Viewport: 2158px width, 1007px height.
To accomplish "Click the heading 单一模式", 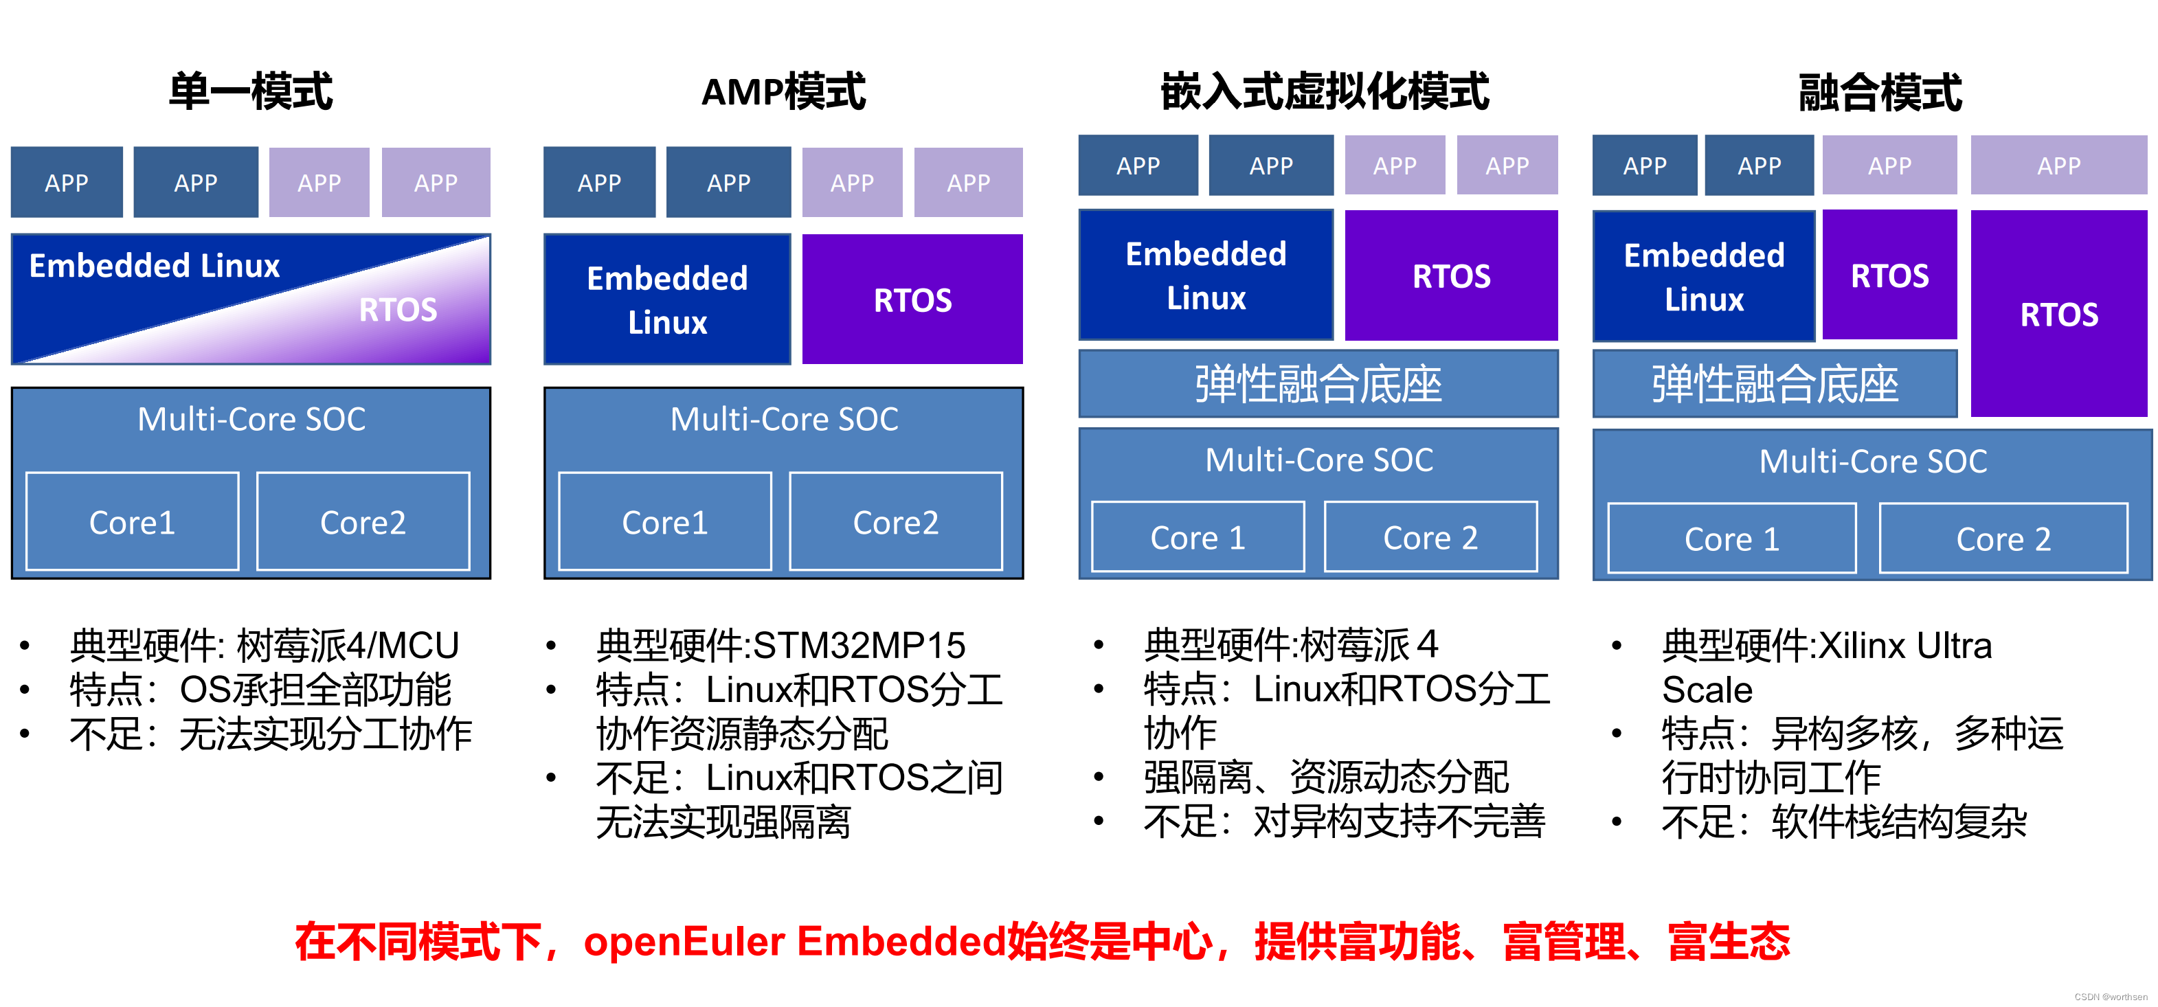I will pyautogui.click(x=251, y=91).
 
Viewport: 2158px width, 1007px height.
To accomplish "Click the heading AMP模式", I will pyautogui.click(x=783, y=91).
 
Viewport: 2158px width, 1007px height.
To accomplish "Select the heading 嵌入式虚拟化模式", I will pyautogui.click(x=1325, y=91).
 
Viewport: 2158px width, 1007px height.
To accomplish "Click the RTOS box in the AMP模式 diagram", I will pyautogui.click(x=912, y=299).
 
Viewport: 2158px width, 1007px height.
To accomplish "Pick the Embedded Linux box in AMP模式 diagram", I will pyautogui.click(x=667, y=299).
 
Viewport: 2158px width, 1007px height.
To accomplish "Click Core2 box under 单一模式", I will pyautogui.click(x=363, y=522).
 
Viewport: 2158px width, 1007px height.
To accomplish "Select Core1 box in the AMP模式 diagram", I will pyautogui.click(x=664, y=522).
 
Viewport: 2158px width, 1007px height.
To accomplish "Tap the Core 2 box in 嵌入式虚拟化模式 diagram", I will pyautogui.click(x=1430, y=537).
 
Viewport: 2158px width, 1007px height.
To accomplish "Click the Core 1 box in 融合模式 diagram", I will pyautogui.click(x=1731, y=539).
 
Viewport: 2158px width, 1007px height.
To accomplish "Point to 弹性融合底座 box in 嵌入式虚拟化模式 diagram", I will pyautogui.click(x=1318, y=384).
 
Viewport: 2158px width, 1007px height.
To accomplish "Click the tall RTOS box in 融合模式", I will pyautogui.click(x=2058, y=314).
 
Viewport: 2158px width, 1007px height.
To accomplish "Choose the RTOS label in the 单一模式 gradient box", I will pyautogui.click(x=398, y=310).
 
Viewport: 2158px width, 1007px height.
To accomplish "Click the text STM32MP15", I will pyautogui.click(x=859, y=645).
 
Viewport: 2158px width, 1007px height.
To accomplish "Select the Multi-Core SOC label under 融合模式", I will pyautogui.click(x=1872, y=461).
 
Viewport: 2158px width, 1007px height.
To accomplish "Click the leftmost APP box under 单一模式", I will pyautogui.click(x=66, y=183).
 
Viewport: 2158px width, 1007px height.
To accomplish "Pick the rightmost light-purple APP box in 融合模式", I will pyautogui.click(x=2058, y=166).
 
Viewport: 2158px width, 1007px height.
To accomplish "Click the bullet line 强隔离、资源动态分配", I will pyautogui.click(x=1325, y=777).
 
